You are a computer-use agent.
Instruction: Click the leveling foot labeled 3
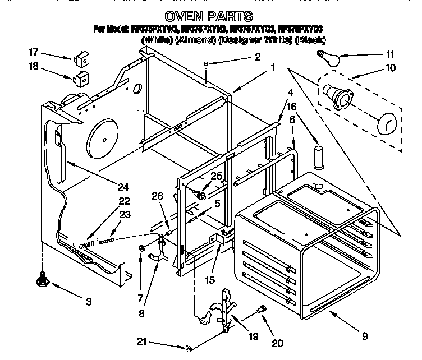click(42, 277)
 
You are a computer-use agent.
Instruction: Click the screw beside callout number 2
click(207, 64)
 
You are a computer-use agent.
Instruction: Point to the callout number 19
click(253, 336)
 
